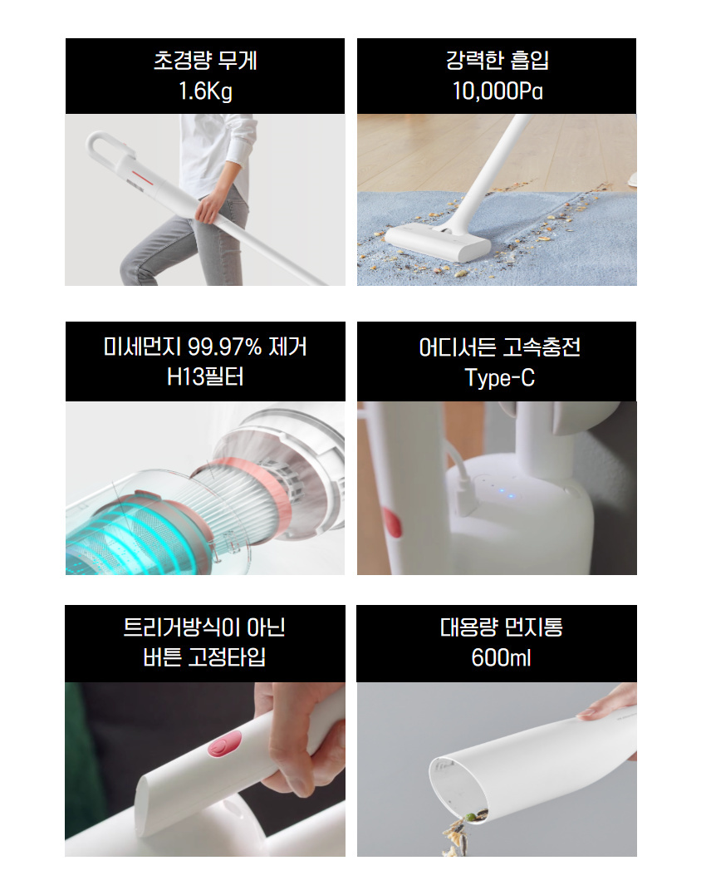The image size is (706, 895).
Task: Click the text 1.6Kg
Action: [205, 91]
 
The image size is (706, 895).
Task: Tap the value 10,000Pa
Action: [498, 91]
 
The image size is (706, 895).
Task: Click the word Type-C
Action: [499, 378]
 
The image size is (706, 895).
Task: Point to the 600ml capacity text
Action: [501, 657]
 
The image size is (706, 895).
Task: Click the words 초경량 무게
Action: [205, 60]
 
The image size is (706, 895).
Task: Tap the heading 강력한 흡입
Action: [498, 60]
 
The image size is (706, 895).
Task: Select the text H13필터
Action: [205, 376]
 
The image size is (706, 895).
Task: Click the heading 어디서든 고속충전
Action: [499, 347]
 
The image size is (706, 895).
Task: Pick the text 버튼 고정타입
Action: [204, 657]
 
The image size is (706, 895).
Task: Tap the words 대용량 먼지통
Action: [501, 627]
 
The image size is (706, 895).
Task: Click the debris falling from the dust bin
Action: [459, 835]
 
